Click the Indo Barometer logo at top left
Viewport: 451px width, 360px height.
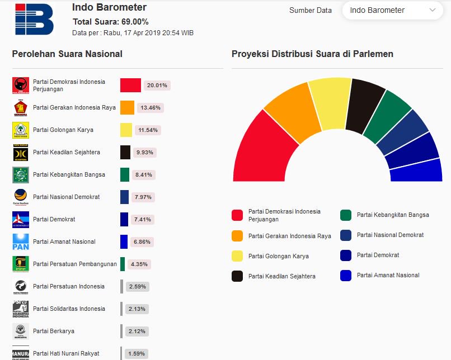(x=34, y=20)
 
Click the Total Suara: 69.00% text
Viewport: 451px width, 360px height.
(x=111, y=22)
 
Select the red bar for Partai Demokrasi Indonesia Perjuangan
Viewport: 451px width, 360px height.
(x=130, y=85)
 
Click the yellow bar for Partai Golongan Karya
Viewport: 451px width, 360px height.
(x=126, y=130)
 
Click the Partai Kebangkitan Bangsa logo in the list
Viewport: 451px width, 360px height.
(x=21, y=174)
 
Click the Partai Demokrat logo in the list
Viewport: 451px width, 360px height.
(x=21, y=219)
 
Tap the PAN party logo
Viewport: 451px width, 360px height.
(x=21, y=241)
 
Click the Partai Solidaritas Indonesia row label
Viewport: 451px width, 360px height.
(x=69, y=309)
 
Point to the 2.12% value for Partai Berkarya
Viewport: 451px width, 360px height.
(x=137, y=331)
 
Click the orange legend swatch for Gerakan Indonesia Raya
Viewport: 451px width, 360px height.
(x=237, y=236)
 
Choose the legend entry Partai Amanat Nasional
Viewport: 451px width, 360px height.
(x=388, y=275)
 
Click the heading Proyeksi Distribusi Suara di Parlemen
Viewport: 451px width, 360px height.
(x=312, y=54)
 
